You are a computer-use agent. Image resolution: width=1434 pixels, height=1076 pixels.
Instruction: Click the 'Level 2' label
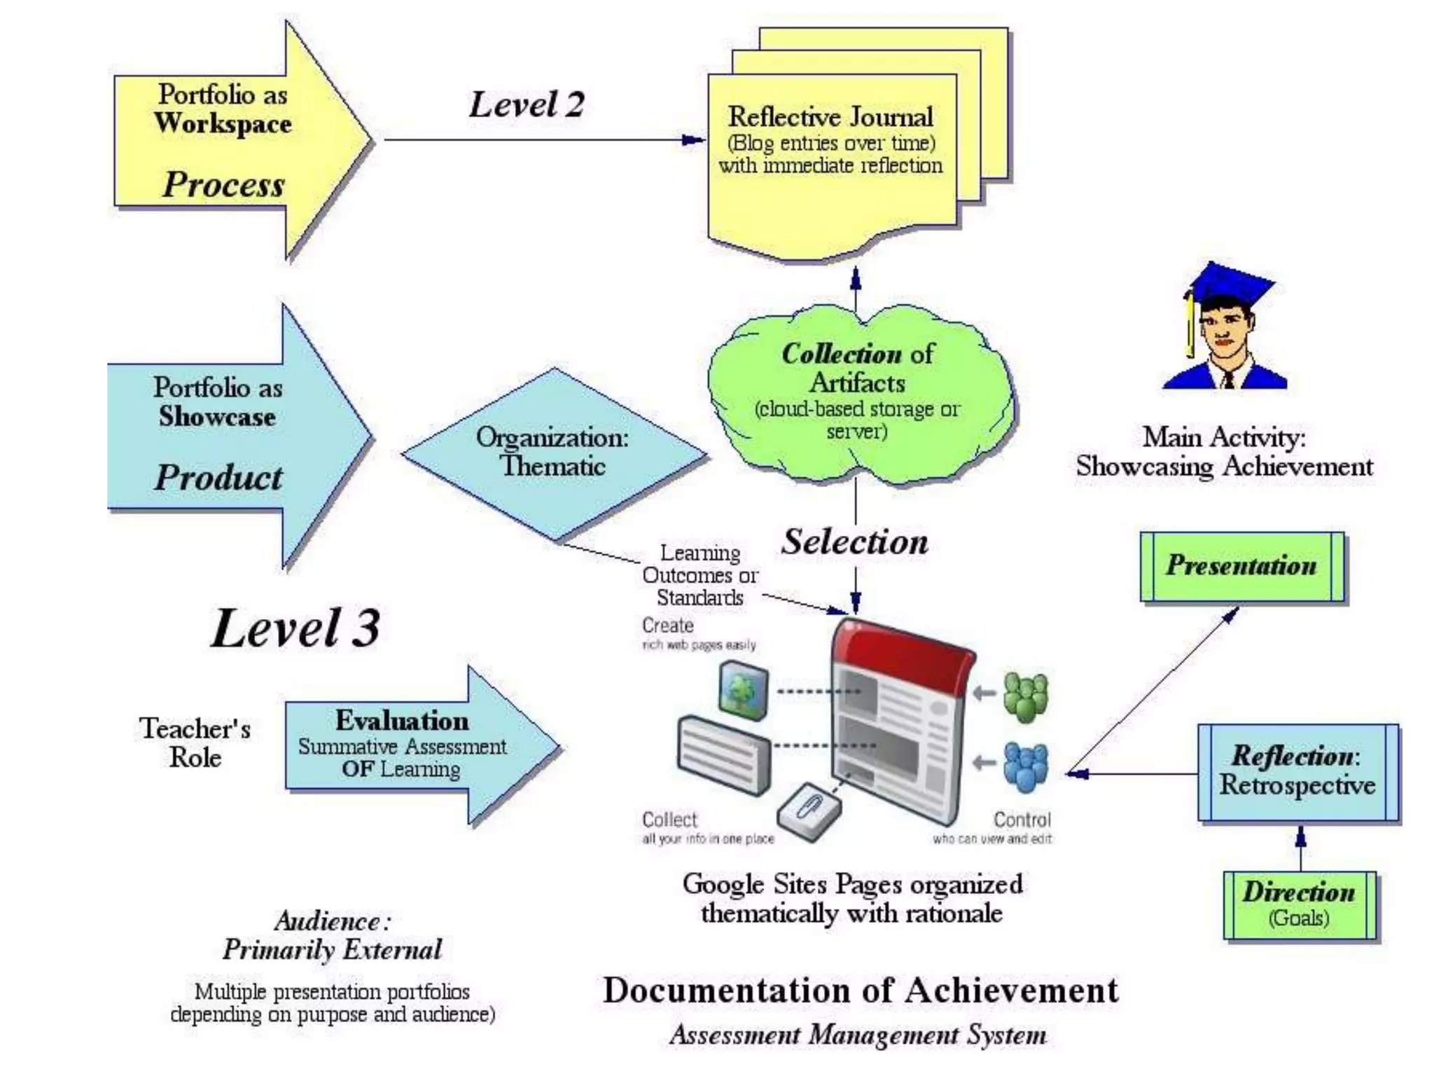coord(526,105)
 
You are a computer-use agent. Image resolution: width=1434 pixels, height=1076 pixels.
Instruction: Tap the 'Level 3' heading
coord(295,628)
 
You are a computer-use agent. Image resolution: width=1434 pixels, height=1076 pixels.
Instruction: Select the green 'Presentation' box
coord(1241,566)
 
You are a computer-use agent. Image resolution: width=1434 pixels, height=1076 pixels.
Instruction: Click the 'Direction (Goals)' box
coord(1299,904)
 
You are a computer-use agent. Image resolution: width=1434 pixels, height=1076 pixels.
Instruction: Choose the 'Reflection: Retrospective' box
coord(1297,771)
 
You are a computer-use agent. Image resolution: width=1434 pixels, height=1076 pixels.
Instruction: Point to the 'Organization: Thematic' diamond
coord(553,452)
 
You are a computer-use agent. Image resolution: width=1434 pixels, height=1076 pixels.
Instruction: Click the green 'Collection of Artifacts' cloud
coord(858,392)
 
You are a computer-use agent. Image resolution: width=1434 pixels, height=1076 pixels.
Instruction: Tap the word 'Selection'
coord(855,542)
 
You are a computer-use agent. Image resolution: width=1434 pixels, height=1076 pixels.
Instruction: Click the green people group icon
coord(1025,696)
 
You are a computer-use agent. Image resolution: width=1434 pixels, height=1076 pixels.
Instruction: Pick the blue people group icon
coord(1026,766)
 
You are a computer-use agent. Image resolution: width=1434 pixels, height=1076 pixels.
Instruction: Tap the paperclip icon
coord(809,811)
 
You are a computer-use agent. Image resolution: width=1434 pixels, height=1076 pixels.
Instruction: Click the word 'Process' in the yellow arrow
coord(224,185)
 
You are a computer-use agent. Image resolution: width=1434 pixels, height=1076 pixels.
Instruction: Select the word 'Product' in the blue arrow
coord(218,478)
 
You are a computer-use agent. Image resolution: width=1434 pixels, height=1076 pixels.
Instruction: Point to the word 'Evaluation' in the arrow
coord(402,721)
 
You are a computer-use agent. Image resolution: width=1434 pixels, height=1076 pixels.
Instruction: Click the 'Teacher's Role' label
coord(195,743)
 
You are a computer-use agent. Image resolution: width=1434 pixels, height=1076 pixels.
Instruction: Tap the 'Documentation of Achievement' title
coord(861,991)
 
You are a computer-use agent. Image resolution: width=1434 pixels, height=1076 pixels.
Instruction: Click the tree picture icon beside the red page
coord(744,691)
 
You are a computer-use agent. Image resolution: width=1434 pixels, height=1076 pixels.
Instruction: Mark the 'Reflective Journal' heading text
coord(830,117)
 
